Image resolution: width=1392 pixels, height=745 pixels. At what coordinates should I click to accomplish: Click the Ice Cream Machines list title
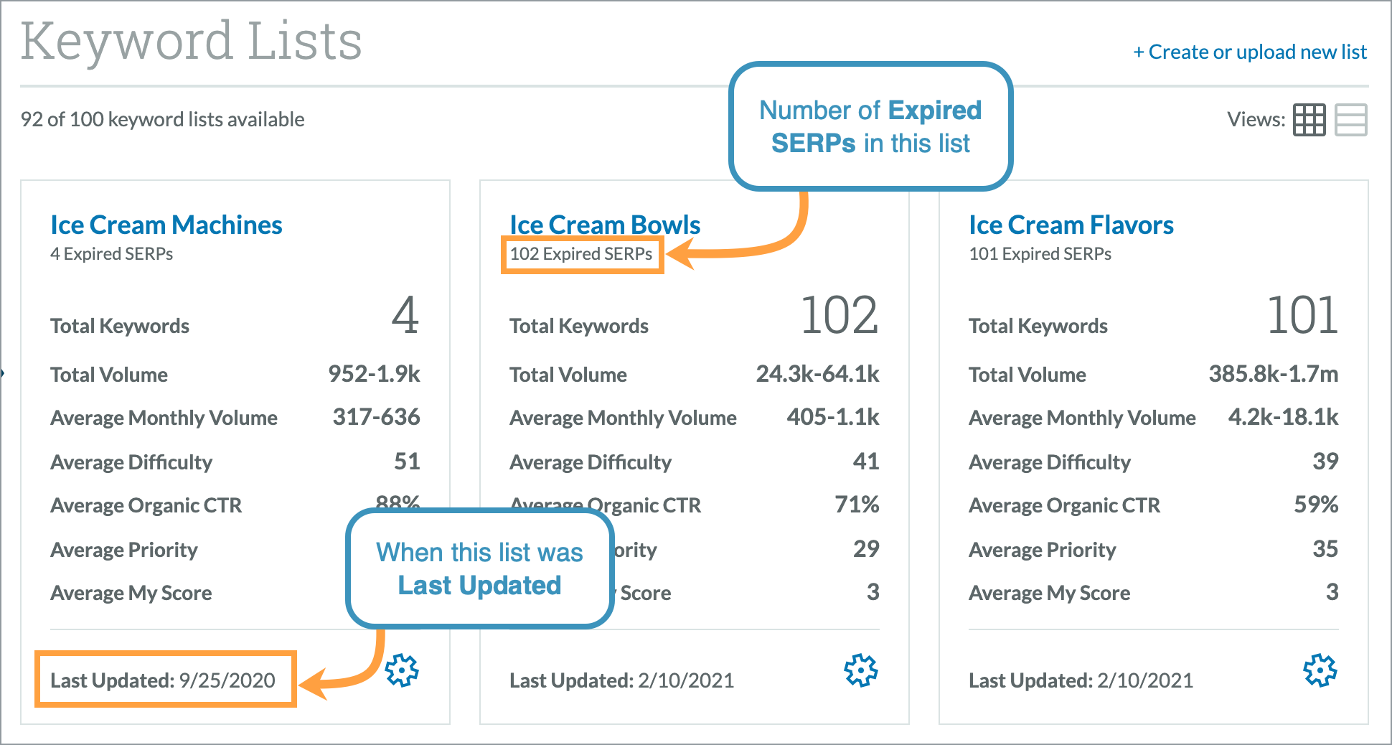point(166,225)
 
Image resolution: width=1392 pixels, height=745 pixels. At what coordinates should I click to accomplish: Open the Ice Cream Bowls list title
point(605,225)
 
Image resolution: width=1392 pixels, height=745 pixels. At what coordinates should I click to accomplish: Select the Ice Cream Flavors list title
point(1071,225)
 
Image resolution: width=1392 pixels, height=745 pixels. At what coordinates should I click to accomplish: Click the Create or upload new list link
point(1250,52)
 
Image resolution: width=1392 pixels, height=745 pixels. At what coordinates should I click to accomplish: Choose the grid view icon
point(1309,120)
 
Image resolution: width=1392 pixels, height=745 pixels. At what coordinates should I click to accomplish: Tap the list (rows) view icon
point(1350,120)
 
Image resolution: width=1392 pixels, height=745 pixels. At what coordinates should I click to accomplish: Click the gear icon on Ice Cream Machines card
point(402,670)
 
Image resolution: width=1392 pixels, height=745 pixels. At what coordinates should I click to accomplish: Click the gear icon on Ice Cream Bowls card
point(861,670)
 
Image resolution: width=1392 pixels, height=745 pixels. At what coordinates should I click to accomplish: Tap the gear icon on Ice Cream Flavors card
point(1320,670)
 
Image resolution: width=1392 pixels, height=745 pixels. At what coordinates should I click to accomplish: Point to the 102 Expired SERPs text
point(581,254)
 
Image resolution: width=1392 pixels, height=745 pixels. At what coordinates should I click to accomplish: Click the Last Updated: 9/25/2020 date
point(163,680)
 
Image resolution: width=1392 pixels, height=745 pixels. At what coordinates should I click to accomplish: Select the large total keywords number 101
point(1302,316)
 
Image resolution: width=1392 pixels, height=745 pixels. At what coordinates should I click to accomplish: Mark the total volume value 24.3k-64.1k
point(817,374)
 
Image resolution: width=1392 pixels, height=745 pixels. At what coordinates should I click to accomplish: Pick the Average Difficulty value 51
point(407,461)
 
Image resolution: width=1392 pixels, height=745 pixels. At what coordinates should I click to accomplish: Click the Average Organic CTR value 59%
point(1315,505)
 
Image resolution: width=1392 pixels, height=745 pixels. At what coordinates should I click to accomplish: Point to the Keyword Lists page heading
point(191,41)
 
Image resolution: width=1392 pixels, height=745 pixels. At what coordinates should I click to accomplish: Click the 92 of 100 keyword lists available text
point(162,119)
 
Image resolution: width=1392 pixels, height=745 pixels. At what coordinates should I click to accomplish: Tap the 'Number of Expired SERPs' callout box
point(870,126)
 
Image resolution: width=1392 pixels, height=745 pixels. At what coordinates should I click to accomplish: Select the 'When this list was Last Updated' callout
point(479,568)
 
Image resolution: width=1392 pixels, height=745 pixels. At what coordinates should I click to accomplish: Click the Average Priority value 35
point(1325,549)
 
